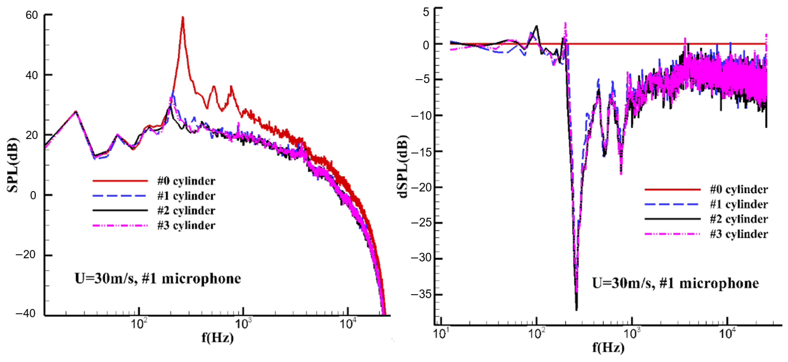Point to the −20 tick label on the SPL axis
point(26,254)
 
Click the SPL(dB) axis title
point(13,165)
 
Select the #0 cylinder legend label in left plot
point(186,181)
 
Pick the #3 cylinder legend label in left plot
point(186,225)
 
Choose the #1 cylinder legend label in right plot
point(738,204)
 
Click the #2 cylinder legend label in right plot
point(738,219)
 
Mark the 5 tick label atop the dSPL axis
point(426,12)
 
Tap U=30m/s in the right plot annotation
point(622,283)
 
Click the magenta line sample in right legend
point(672,234)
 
